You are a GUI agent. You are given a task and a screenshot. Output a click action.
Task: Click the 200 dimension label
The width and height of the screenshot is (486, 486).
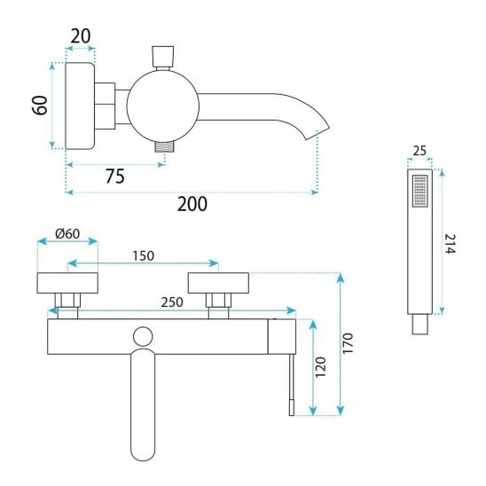pyautogui.click(x=192, y=204)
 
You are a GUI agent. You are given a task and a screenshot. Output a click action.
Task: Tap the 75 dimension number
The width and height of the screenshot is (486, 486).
pyautogui.click(x=115, y=176)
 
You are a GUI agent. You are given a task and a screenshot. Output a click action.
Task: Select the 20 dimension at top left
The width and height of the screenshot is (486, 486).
pyautogui.click(x=81, y=36)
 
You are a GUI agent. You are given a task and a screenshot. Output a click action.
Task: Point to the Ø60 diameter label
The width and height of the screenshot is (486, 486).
pyautogui.click(x=67, y=233)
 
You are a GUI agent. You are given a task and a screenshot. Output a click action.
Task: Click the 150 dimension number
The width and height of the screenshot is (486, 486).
pyautogui.click(x=143, y=256)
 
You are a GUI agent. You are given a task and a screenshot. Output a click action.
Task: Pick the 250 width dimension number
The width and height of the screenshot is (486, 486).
pyautogui.click(x=172, y=302)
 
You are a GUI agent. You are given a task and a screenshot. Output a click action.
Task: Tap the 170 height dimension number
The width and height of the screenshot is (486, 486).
pyautogui.click(x=348, y=343)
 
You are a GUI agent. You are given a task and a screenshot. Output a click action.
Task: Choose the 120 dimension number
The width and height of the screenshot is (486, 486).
pyautogui.click(x=321, y=367)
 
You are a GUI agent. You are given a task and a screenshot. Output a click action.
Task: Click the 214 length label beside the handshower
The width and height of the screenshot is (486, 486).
pyautogui.click(x=450, y=244)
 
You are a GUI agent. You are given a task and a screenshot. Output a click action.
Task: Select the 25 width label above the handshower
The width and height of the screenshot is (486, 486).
pyautogui.click(x=419, y=151)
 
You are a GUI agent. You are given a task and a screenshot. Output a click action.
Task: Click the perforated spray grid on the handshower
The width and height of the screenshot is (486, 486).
pyautogui.click(x=420, y=191)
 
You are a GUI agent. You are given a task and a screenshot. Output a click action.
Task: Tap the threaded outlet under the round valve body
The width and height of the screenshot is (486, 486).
pyautogui.click(x=165, y=146)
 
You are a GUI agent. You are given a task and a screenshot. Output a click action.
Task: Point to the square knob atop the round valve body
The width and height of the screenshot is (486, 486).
pyautogui.click(x=162, y=57)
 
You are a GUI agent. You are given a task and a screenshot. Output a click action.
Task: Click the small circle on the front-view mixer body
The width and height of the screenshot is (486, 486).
pyautogui.click(x=143, y=337)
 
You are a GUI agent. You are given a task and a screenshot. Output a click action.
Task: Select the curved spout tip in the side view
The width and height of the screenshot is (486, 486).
pyautogui.click(x=317, y=132)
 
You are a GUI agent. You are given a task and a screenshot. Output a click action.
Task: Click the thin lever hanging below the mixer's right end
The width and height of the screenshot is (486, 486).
pyautogui.click(x=292, y=385)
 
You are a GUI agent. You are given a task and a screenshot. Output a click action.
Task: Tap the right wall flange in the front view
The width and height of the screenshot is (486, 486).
pyautogui.click(x=218, y=283)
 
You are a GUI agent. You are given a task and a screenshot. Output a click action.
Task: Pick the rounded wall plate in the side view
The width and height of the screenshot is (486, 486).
pyautogui.click(x=80, y=106)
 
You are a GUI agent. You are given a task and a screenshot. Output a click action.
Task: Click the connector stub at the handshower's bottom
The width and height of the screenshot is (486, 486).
pyautogui.click(x=420, y=325)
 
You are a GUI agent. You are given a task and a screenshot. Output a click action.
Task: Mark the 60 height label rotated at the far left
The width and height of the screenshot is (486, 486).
pyautogui.click(x=41, y=106)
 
